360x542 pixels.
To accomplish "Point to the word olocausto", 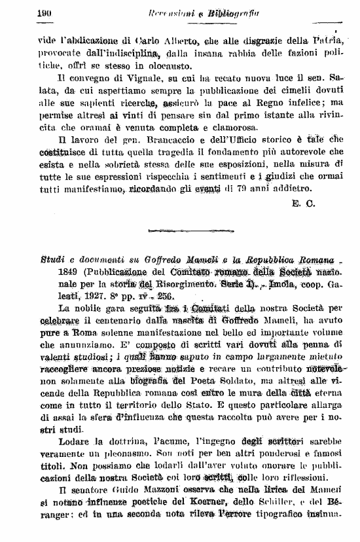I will tap(167, 67).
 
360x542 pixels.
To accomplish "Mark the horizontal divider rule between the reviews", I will tap(179, 230).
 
